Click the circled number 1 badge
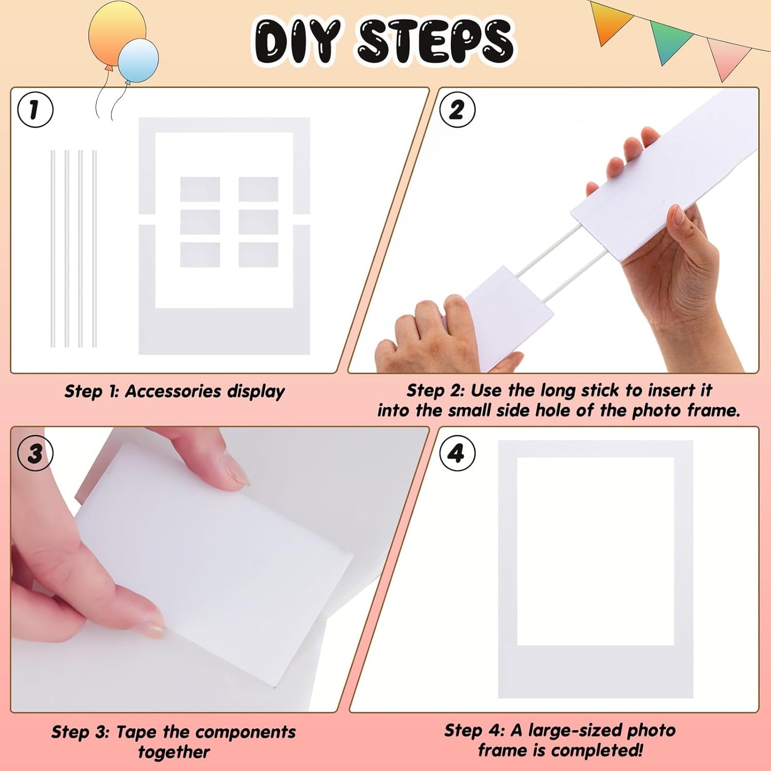pos(35,110)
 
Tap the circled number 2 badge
pos(457,110)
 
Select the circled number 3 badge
pos(35,454)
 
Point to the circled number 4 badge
pos(457,454)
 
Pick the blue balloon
pos(138,60)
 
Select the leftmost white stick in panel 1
pos(53,248)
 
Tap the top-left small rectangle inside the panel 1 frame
pos(200,189)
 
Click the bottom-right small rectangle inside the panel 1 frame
pos(258,255)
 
